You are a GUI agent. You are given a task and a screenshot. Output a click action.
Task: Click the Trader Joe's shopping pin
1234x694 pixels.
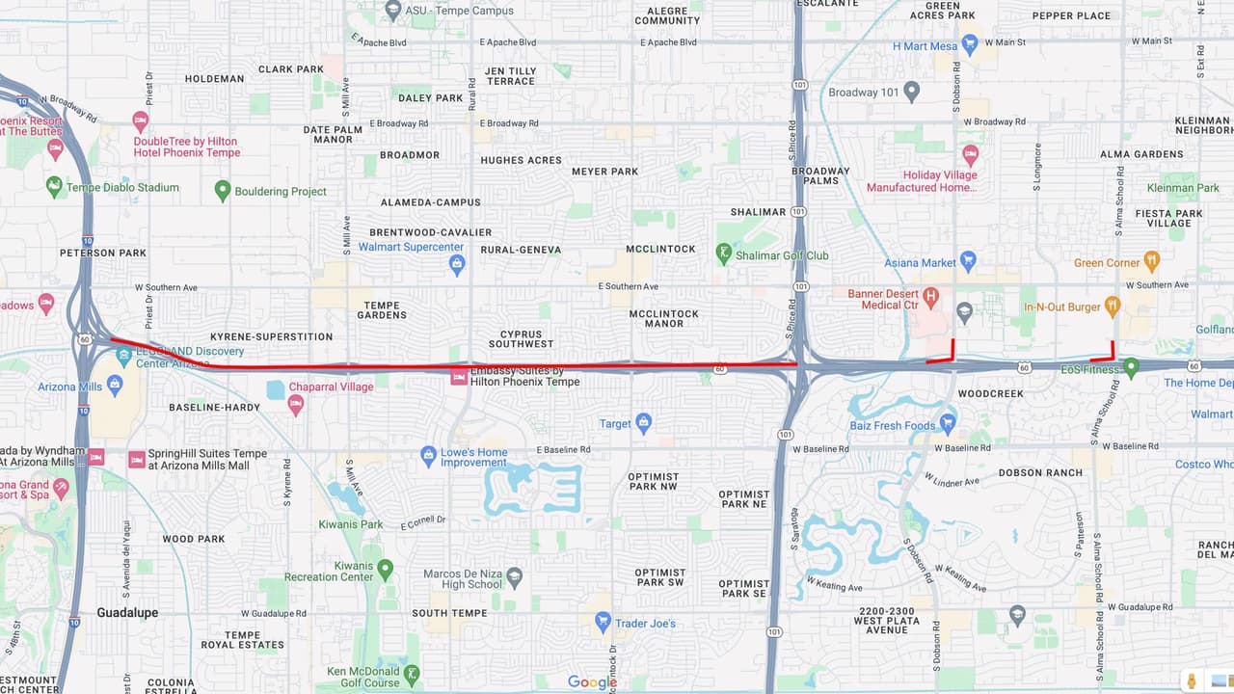(x=603, y=622)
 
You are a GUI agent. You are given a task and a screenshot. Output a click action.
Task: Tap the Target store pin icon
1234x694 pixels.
(x=644, y=422)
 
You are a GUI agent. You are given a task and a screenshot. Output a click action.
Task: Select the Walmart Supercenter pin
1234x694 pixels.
(x=457, y=263)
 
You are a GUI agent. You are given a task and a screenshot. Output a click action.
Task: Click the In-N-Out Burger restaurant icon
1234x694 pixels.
(x=1113, y=306)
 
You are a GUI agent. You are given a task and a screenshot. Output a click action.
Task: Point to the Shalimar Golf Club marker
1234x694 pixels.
(x=724, y=254)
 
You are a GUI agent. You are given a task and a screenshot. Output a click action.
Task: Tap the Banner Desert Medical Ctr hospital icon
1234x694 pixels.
(x=930, y=296)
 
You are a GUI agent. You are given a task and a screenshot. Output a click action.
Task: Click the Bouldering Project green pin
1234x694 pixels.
(x=223, y=190)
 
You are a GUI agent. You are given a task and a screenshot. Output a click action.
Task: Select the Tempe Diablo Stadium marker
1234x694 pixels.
(x=54, y=185)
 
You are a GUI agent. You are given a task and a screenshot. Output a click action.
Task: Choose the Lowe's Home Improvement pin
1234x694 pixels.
(x=429, y=454)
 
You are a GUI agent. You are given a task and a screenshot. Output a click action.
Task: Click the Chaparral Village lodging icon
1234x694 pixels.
(x=296, y=404)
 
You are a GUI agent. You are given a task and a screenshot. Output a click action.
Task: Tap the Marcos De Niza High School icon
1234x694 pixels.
(x=515, y=577)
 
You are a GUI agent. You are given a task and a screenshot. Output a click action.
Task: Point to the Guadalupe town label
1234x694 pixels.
(x=127, y=612)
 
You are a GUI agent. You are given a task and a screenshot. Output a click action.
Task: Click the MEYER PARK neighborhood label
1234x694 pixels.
(x=604, y=172)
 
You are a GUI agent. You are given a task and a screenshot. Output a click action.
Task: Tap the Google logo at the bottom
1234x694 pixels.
(x=592, y=682)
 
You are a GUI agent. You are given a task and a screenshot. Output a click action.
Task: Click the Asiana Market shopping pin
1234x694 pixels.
(x=969, y=260)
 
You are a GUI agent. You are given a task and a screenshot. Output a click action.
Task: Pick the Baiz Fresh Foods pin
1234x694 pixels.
(x=948, y=423)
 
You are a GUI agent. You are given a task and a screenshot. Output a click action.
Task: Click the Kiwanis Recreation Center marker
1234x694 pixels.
(x=386, y=570)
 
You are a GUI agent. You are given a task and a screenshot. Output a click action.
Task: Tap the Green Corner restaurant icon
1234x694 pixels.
(x=1151, y=261)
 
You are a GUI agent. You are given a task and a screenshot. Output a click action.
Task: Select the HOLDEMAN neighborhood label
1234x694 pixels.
(x=214, y=79)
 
